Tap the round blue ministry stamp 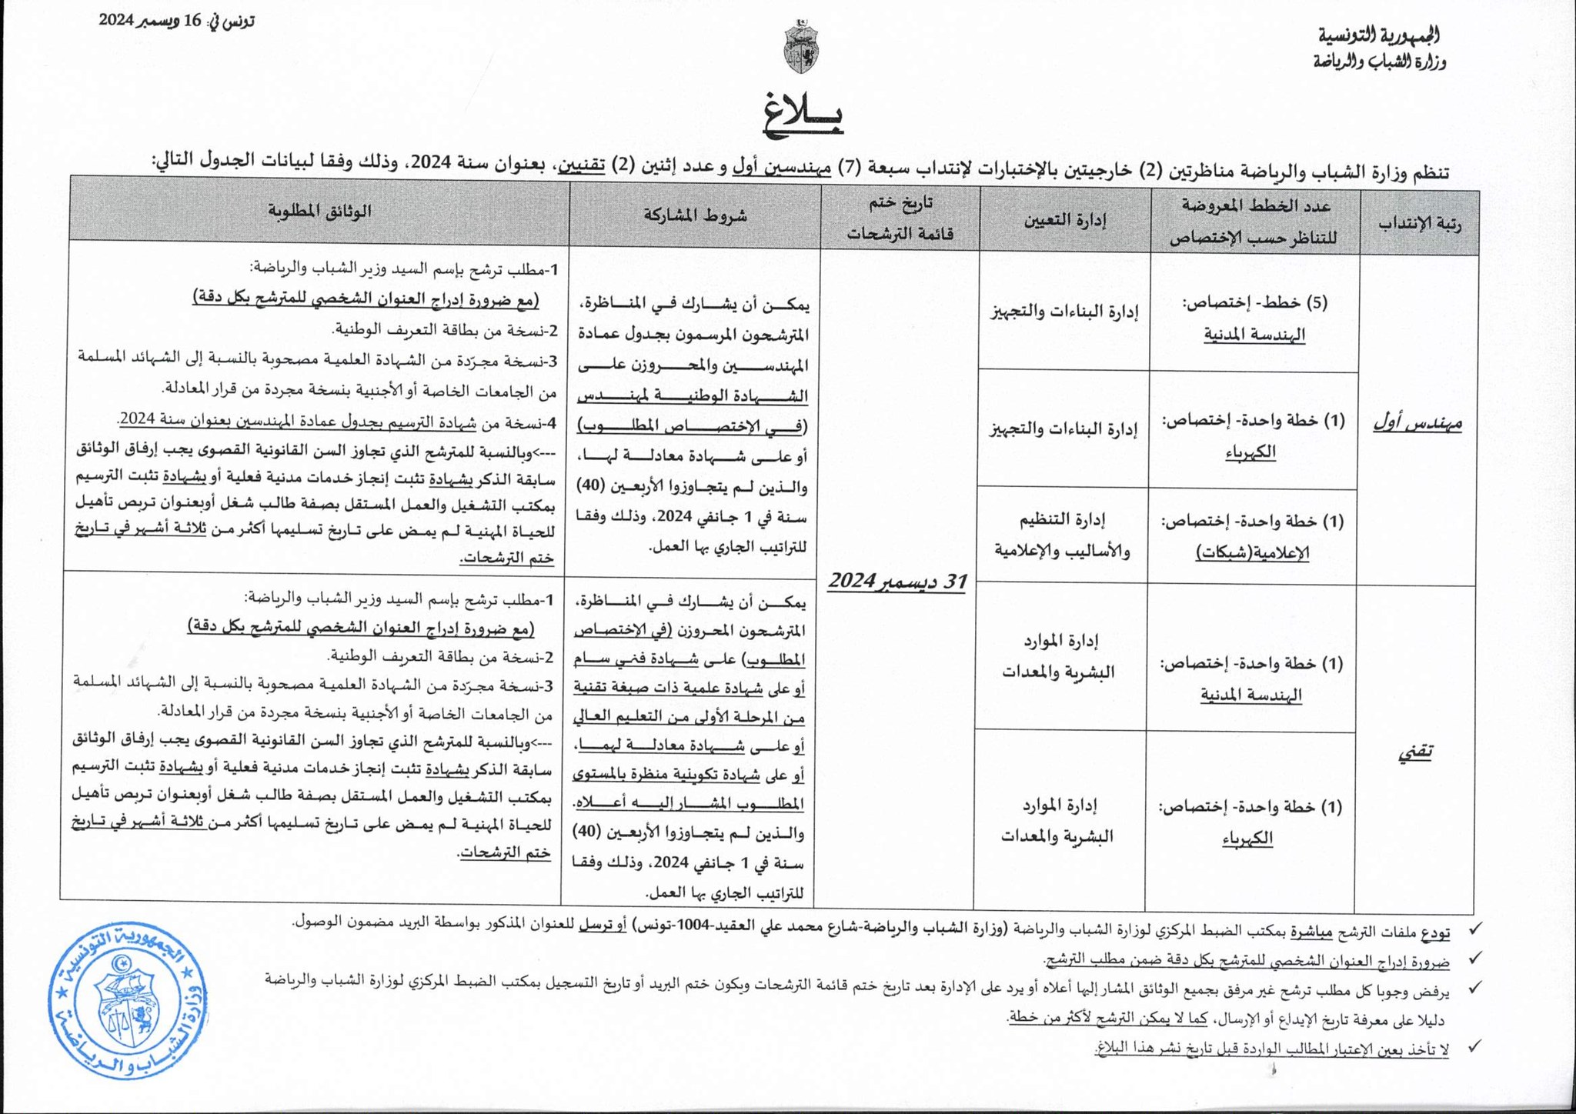127,1001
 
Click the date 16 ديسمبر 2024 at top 176,21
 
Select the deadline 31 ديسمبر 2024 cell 897,582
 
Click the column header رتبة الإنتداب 1420,223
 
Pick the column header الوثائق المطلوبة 319,211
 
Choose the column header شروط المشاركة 695,215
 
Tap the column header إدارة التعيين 1064,220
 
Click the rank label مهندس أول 1417,423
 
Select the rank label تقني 1414,752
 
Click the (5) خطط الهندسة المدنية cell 1255,317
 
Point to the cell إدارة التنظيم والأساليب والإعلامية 1062,535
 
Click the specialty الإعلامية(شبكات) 1252,552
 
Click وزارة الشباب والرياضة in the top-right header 1380,62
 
